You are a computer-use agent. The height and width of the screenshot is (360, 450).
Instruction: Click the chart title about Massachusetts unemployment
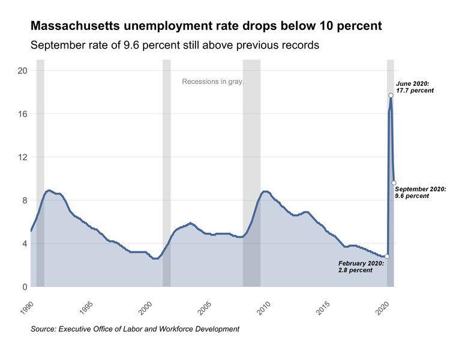coord(206,26)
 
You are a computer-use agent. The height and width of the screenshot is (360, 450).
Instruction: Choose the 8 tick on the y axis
coord(23,200)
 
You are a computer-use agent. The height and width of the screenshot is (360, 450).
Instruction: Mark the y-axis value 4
coord(23,244)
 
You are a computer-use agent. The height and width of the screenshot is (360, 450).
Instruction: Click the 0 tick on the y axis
coord(23,287)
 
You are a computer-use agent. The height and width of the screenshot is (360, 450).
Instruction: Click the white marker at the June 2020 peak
coord(391,95)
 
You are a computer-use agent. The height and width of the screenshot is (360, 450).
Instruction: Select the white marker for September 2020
coord(394,183)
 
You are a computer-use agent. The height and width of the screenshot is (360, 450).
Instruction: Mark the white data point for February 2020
coord(387,256)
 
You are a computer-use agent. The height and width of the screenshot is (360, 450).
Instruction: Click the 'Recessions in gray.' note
coord(213,82)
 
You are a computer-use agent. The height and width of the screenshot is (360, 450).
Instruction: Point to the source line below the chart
coord(135,329)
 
